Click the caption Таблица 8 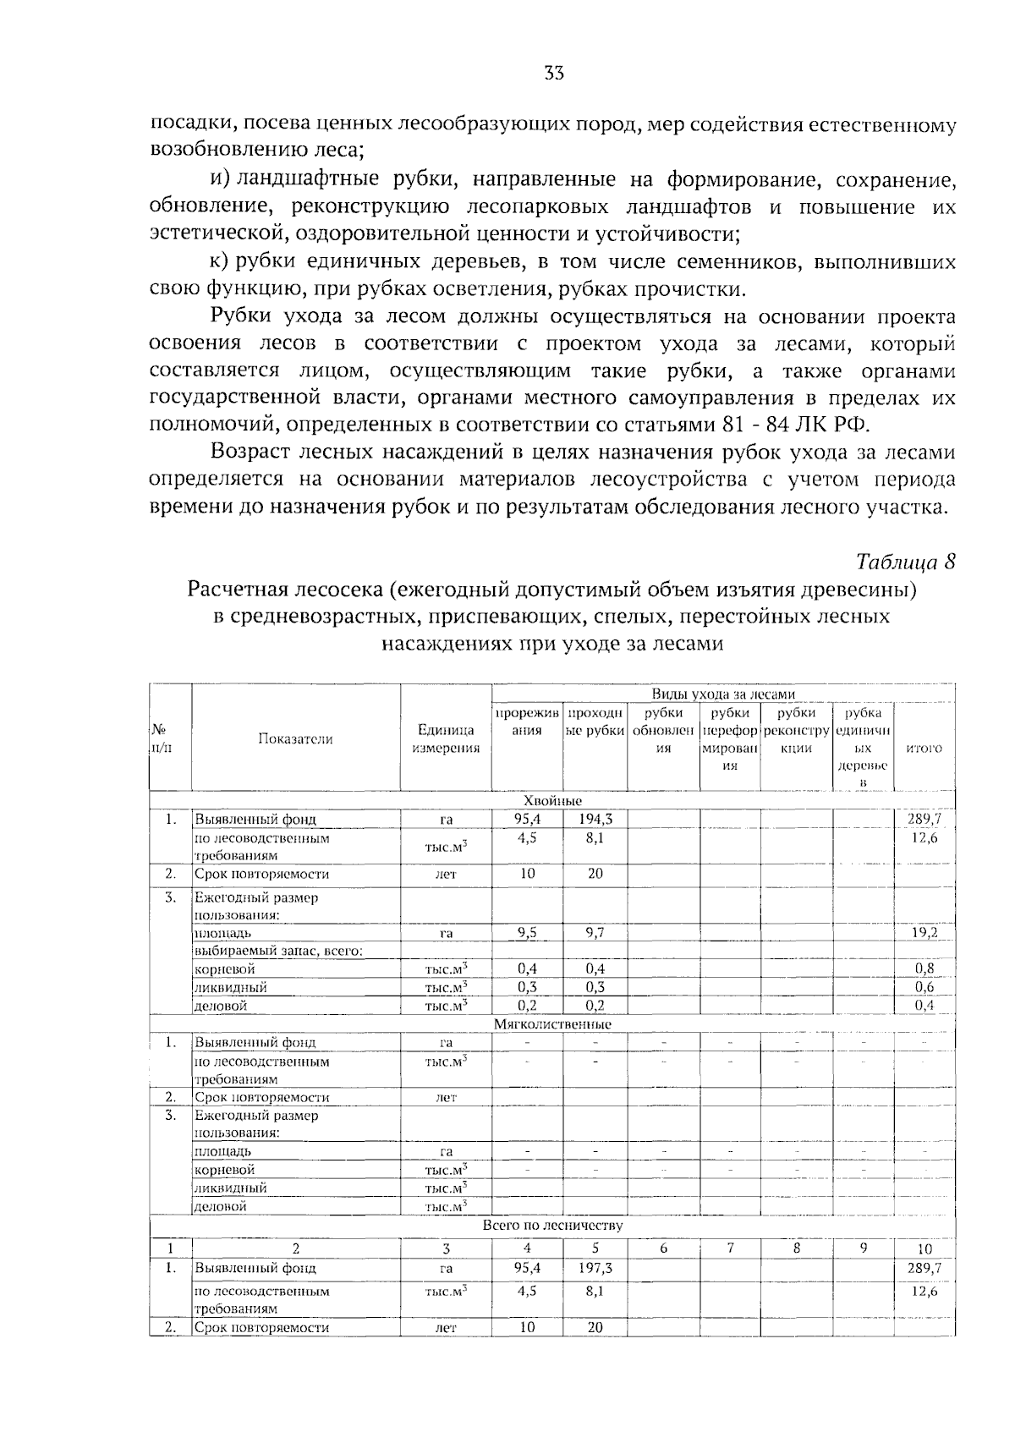click(x=905, y=562)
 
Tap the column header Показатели click(x=295, y=739)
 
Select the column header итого click(x=924, y=749)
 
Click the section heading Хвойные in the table click(x=552, y=800)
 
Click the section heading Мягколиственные click(x=552, y=1024)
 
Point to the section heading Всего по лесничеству click(x=552, y=1225)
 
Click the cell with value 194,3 click(x=595, y=819)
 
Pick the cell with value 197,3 click(x=595, y=1269)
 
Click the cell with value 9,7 click(x=595, y=933)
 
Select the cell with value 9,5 click(x=527, y=933)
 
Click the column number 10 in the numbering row click(x=924, y=1249)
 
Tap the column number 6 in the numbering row click(x=663, y=1248)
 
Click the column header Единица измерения click(x=446, y=739)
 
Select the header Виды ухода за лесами click(x=723, y=694)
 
